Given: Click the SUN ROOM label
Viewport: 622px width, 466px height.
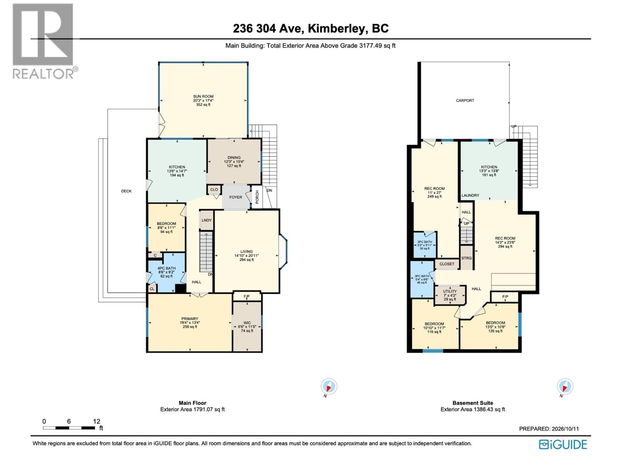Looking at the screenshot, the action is coord(203,96).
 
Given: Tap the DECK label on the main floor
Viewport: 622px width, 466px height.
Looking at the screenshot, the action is coord(126,191).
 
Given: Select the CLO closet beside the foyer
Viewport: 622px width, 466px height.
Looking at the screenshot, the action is coord(214,190).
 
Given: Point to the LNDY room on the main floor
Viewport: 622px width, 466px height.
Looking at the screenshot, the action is coord(206,220).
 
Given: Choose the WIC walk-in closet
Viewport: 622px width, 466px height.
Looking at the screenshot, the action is coord(247,327).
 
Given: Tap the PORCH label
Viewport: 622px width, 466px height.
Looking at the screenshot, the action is coord(257,197).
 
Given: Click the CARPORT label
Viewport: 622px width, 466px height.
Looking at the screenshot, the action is coord(465,101).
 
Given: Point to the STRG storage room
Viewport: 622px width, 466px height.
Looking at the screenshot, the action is coord(466,258).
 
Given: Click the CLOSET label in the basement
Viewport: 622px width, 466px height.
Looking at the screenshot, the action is coord(447,264).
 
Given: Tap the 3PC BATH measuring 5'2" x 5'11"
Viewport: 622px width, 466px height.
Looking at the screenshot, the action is coord(425,245).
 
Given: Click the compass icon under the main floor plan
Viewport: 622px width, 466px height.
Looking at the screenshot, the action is coord(329,386).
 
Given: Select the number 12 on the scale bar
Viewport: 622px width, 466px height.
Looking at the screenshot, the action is coord(97,422).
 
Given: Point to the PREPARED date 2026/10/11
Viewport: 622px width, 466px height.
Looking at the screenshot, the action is coord(564,429).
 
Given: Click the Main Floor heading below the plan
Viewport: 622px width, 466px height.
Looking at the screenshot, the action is coord(192,403).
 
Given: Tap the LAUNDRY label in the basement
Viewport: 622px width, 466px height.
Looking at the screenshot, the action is coord(470,195).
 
